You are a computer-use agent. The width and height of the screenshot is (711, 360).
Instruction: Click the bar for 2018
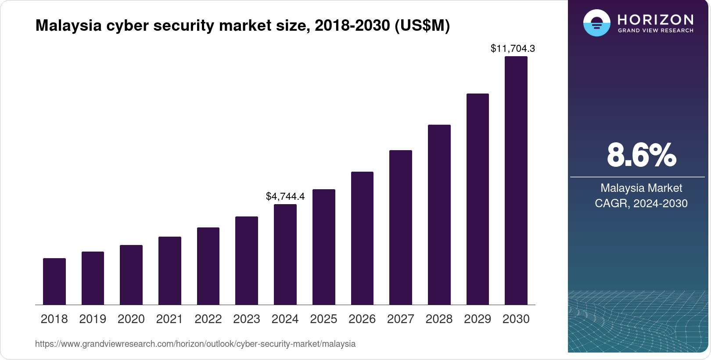(54, 281)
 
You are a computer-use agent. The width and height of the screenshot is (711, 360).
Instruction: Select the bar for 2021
(170, 271)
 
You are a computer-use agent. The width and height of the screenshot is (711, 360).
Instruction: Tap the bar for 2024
(285, 255)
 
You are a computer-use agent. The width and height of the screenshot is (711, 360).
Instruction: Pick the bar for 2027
(401, 227)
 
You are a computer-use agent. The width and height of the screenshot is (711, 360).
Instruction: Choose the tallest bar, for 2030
(516, 180)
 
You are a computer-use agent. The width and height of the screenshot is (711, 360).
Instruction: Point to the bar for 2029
(478, 199)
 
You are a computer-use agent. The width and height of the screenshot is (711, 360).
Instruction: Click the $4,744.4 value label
(285, 196)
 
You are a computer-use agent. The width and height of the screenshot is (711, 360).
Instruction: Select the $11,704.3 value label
(513, 48)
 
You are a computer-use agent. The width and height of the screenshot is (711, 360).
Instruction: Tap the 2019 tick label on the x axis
(93, 319)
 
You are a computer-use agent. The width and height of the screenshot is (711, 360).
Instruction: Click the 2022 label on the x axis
(208, 319)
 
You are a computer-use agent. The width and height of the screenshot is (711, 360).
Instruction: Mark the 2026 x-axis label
(362, 319)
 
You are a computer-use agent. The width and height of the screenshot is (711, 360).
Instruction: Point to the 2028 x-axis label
(439, 319)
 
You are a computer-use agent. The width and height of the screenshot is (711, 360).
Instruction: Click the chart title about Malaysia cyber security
(243, 25)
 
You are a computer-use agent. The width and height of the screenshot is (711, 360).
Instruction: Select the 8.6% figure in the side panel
(641, 155)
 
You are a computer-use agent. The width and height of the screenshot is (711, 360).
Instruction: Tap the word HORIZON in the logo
(655, 20)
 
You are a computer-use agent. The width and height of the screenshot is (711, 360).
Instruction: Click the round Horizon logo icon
(596, 23)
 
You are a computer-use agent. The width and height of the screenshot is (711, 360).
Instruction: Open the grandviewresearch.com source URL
(195, 344)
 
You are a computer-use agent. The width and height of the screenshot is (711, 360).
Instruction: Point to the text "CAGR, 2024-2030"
(641, 203)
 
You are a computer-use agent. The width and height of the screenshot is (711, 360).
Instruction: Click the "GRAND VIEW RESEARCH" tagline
(655, 31)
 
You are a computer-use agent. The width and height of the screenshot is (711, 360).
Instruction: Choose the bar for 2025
(324, 247)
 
